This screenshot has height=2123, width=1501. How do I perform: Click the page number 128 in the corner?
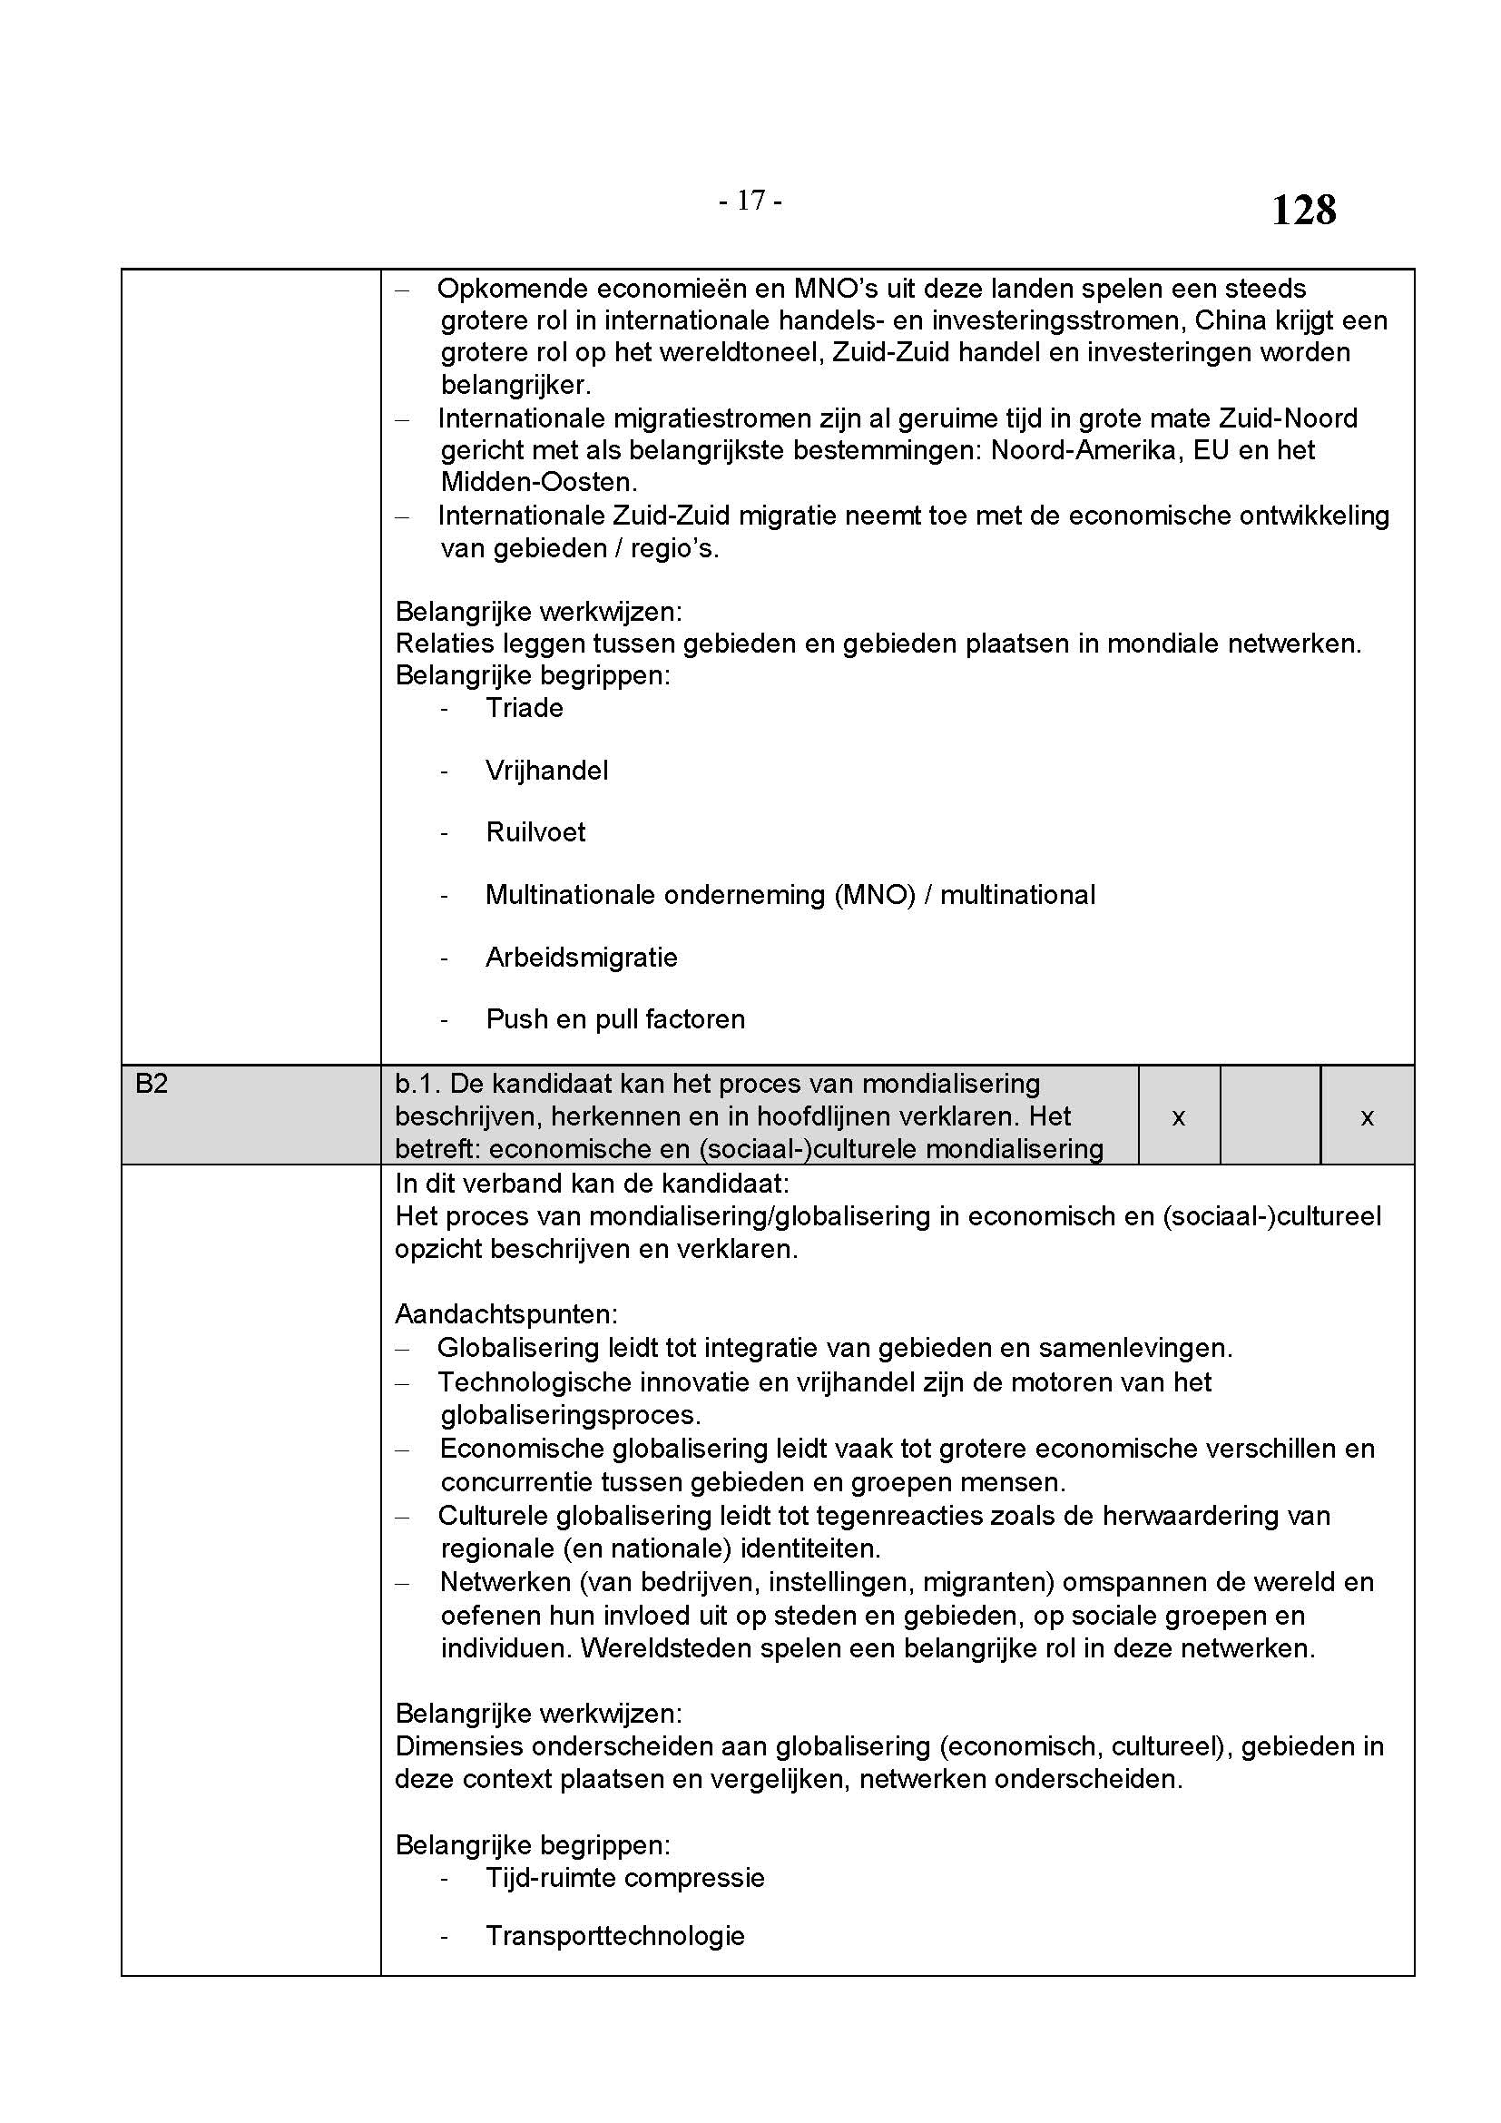point(1303,211)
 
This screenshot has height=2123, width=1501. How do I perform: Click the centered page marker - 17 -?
point(750,201)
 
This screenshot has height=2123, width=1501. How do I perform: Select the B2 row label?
point(152,1084)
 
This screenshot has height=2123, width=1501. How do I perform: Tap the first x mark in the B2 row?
point(1179,1118)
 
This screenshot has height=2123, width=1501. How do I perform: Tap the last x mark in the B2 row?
point(1367,1118)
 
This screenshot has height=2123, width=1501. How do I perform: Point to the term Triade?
point(524,708)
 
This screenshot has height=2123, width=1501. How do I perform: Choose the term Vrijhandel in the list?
point(546,772)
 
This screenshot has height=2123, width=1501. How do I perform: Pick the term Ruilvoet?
point(535,832)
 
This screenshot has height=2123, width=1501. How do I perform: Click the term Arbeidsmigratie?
point(582,958)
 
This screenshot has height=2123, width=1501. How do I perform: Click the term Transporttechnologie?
point(614,1936)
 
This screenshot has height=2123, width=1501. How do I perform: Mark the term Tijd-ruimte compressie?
point(624,1878)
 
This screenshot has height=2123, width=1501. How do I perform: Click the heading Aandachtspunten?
point(505,1314)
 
